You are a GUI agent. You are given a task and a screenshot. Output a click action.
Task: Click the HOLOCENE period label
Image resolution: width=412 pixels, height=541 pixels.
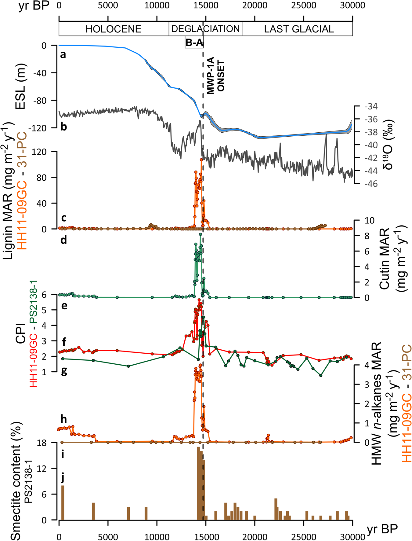click(113, 29)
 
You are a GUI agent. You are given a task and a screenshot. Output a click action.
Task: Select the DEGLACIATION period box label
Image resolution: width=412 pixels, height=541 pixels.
click(205, 29)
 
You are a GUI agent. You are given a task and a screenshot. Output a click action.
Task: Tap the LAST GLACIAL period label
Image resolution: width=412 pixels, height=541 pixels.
click(299, 29)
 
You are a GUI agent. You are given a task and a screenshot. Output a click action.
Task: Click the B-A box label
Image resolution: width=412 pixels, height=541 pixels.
click(194, 43)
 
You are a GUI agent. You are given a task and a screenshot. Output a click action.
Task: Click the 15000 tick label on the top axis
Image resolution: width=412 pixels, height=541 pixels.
click(206, 5)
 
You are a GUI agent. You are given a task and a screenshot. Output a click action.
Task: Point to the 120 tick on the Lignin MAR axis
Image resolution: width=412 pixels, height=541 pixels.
click(45, 152)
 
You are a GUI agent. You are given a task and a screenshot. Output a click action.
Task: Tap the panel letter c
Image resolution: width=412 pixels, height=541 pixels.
click(64, 218)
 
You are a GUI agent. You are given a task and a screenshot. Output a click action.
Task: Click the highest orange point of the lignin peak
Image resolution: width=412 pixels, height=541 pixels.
click(201, 160)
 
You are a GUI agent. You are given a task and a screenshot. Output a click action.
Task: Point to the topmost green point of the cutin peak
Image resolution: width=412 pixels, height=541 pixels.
click(201, 234)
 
